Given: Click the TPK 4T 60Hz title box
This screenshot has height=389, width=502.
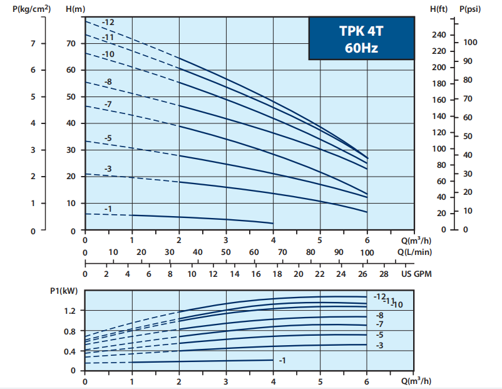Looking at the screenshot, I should pos(361,38).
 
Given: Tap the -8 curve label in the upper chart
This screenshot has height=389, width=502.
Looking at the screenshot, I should pos(108,82).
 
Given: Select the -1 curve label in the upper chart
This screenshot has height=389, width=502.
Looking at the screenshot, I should pos(109,209).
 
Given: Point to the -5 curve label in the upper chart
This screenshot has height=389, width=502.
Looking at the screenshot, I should pos(108,137).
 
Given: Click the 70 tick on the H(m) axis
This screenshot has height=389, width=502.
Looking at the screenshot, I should pos(71,43).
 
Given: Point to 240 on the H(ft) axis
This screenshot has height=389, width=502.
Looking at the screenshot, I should pos(438,34).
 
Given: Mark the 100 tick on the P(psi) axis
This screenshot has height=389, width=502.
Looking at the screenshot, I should pos(470,42).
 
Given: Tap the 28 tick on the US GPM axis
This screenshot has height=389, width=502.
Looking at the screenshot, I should pos(384,274).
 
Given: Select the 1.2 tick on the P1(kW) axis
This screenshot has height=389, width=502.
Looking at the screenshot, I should pos(69,311).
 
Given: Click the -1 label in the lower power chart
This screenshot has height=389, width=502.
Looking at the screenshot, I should pos(282,360).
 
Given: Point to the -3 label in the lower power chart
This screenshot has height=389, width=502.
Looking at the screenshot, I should pos(379,346).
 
